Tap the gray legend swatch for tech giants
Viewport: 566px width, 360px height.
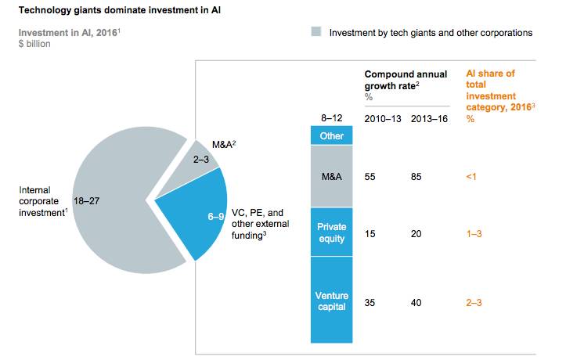click(316, 33)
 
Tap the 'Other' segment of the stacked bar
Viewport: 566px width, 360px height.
click(332, 135)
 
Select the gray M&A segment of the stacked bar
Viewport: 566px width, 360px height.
click(332, 176)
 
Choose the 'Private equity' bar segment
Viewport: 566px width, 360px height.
click(332, 232)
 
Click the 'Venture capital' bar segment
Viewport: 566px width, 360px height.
click(332, 301)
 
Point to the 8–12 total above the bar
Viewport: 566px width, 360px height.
click(332, 117)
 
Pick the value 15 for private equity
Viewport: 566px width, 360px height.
click(370, 232)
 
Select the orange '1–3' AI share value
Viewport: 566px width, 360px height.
click(474, 232)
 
